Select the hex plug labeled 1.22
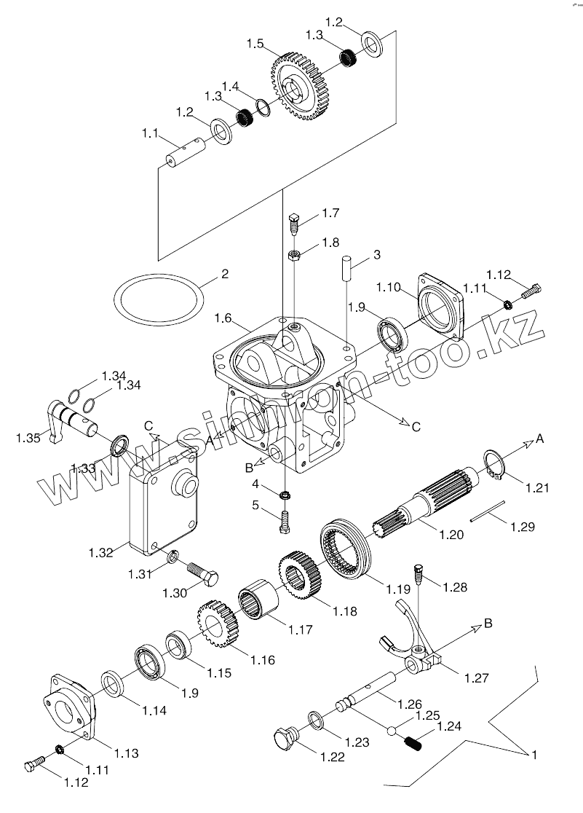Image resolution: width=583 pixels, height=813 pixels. click(x=285, y=739)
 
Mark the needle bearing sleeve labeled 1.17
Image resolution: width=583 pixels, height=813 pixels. click(x=258, y=601)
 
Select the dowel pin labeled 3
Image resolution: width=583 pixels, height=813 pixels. click(x=346, y=267)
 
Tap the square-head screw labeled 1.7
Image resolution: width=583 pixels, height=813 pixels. click(x=294, y=224)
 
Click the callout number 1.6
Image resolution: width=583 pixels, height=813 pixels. click(x=223, y=318)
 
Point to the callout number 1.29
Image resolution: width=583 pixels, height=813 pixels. click(x=523, y=527)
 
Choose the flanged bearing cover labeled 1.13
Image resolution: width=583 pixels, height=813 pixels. click(x=69, y=704)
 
